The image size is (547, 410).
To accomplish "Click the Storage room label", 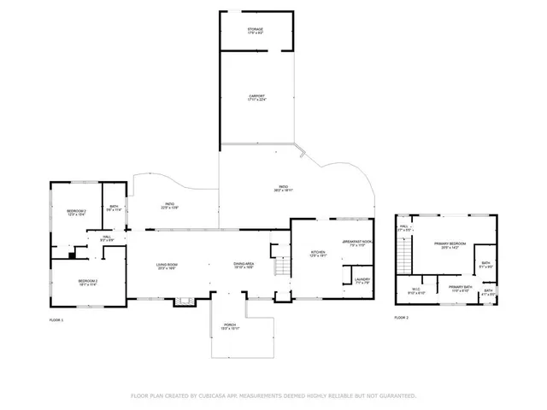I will (x=256, y=30).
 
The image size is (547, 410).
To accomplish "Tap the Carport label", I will (x=256, y=96).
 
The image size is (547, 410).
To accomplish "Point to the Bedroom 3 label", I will (x=88, y=281).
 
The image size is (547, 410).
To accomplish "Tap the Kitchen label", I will (x=317, y=252).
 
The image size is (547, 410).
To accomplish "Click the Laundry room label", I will (x=362, y=279).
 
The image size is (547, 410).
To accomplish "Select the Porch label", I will (x=243, y=325).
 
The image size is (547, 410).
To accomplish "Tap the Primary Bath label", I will (x=461, y=287).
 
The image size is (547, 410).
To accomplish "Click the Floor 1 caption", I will (x=56, y=319).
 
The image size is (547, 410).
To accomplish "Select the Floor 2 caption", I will (x=401, y=317).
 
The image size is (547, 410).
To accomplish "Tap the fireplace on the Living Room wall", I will (x=182, y=300).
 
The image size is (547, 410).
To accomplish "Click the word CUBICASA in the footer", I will (x=209, y=395).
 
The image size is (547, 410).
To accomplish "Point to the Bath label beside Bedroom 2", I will (x=114, y=207).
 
